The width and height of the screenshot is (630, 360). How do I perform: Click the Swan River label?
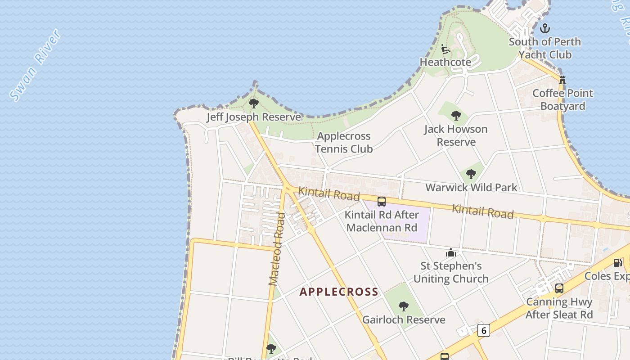click(36, 65)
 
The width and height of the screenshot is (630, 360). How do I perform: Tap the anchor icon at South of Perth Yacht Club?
click(545, 28)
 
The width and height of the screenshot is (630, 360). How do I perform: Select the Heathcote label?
click(445, 62)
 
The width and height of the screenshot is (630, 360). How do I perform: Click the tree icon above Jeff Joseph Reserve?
click(254, 103)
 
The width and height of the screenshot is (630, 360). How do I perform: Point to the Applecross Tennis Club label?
click(344, 142)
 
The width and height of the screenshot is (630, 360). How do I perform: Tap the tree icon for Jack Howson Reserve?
click(456, 116)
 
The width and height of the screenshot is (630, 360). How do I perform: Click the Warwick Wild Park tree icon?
click(471, 174)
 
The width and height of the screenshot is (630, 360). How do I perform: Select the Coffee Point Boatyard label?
click(563, 99)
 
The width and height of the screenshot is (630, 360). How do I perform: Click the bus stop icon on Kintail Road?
click(382, 202)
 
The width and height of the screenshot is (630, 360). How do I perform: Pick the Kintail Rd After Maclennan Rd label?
click(382, 221)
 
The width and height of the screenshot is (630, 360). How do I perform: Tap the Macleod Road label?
click(277, 249)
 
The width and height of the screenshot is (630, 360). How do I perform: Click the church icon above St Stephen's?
click(451, 252)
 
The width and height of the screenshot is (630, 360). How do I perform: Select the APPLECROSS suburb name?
click(339, 292)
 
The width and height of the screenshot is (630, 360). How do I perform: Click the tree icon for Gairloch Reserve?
click(404, 306)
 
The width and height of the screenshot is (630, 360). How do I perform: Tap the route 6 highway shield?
click(484, 330)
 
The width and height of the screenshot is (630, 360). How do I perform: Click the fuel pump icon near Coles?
click(618, 263)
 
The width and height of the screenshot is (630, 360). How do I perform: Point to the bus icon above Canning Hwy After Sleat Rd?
click(559, 288)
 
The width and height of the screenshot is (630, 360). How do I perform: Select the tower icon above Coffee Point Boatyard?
click(562, 80)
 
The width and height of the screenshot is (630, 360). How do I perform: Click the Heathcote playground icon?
click(445, 49)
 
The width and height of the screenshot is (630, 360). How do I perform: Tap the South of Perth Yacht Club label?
click(545, 48)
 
